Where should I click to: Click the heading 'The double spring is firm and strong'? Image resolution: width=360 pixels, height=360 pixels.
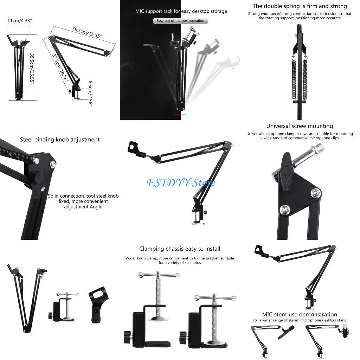click(x=300, y=6)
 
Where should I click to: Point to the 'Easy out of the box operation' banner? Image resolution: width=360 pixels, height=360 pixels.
click(x=180, y=21)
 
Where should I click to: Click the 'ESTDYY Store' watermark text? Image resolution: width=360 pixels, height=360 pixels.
click(x=180, y=183)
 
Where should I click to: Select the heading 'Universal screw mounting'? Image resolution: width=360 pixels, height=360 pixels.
click(x=300, y=126)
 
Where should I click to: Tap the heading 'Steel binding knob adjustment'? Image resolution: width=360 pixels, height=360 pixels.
click(x=60, y=140)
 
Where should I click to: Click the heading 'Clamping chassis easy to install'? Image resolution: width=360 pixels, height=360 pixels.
click(x=180, y=249)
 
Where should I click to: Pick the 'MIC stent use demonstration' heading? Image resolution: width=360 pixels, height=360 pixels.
click(x=300, y=315)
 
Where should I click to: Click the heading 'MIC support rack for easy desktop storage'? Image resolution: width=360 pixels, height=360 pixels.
click(x=181, y=11)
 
